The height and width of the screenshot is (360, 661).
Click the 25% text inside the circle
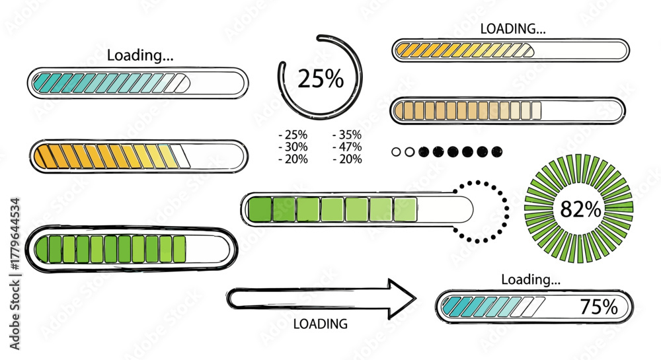(x=321, y=79)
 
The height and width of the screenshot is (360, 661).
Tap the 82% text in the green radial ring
(x=580, y=209)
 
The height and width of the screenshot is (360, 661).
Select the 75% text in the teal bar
(x=599, y=306)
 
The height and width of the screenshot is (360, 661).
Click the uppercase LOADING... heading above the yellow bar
(x=513, y=28)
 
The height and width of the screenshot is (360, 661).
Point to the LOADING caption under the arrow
(x=321, y=324)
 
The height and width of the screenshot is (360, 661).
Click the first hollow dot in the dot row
(x=396, y=152)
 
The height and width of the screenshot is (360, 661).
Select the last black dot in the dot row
(x=497, y=151)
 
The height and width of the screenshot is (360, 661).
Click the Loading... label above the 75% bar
(x=531, y=279)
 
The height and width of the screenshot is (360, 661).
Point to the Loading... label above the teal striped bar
(x=140, y=55)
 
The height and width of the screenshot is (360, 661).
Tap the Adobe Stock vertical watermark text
(x=15, y=273)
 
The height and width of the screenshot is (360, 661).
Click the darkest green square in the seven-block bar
(x=260, y=209)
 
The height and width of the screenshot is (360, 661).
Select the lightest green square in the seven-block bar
(x=406, y=209)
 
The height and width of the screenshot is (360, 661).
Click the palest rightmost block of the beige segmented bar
(x=536, y=111)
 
